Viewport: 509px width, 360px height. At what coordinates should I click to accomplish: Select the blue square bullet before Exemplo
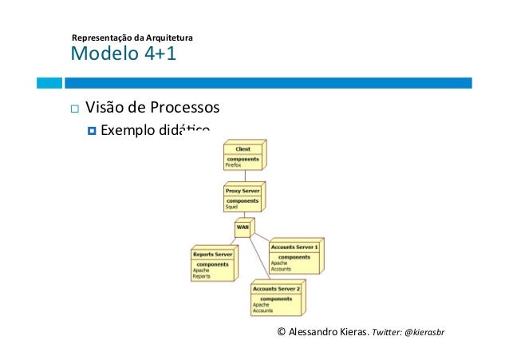pos(90,130)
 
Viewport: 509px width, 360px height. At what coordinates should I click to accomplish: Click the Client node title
pos(243,149)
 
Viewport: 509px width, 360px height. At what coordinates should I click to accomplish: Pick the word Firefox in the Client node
pos(233,165)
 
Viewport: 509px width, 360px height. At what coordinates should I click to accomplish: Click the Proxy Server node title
pos(243,192)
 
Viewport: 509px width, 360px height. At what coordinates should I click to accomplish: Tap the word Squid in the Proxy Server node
pos(231,207)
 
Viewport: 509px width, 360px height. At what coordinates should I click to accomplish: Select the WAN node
pos(243,227)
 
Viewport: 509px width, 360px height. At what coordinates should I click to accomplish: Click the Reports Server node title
pos(212,255)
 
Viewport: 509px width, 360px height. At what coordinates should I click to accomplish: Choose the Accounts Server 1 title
pos(294,247)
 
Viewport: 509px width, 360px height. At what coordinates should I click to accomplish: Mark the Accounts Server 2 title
pos(276,288)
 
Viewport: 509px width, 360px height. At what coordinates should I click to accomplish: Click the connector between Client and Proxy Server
pos(243,176)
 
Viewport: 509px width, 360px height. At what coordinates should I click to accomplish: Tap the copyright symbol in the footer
pos(280,331)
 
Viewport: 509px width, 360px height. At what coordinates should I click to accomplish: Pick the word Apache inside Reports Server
pos(201,270)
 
